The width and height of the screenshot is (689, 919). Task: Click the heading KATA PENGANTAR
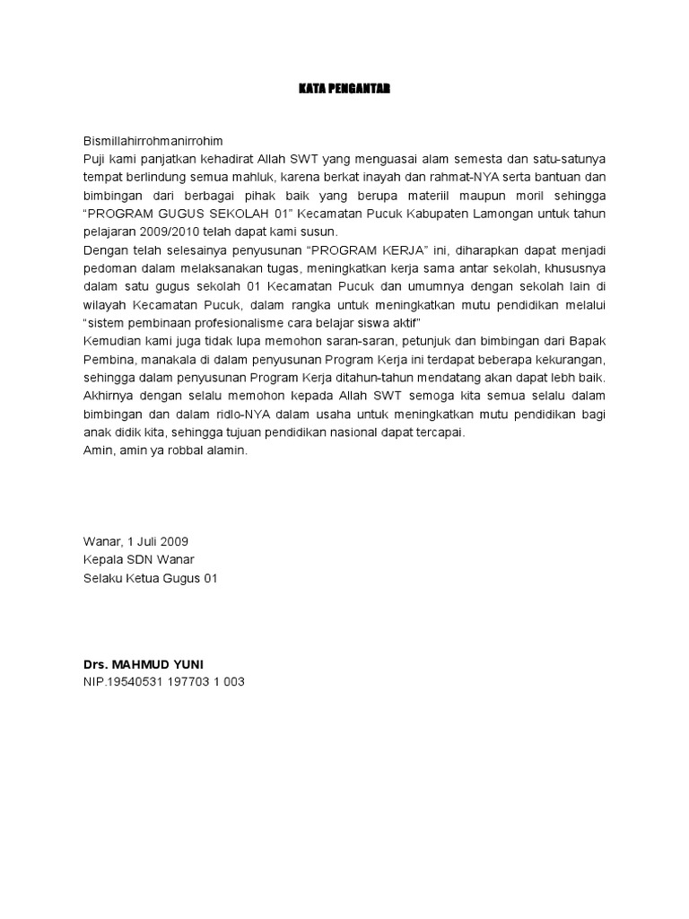pyautogui.click(x=344, y=89)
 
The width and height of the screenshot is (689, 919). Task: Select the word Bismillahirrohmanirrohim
pyautogui.click(x=152, y=142)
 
